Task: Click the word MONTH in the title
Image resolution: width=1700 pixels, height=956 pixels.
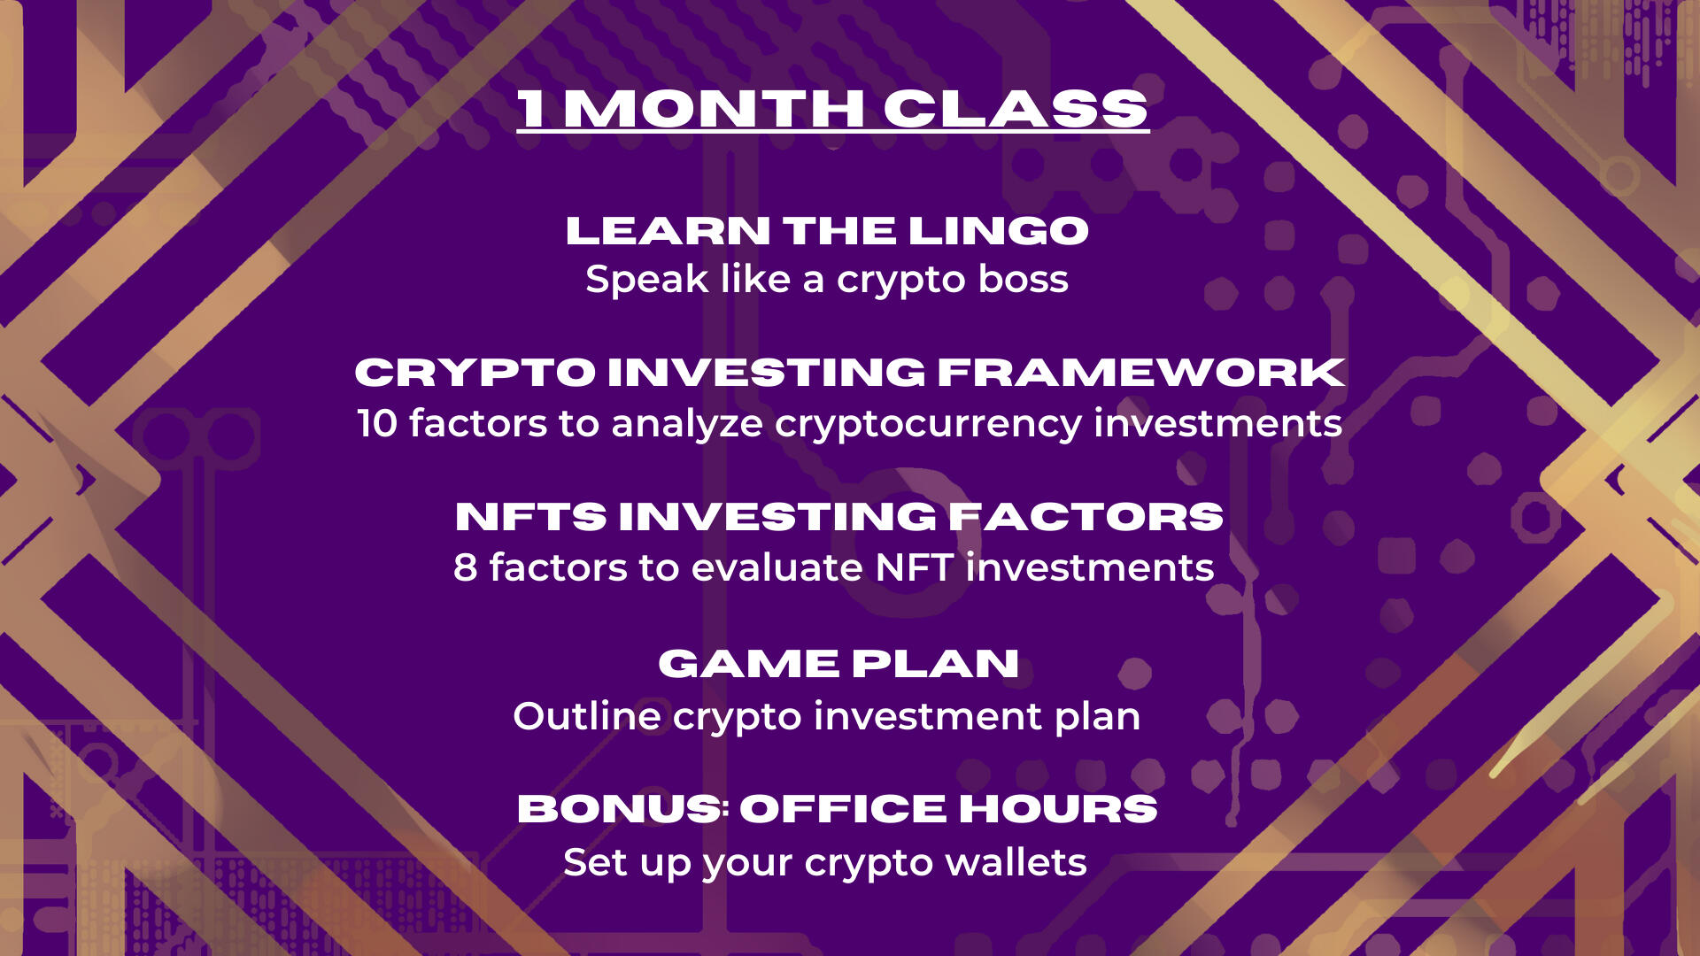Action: (714, 109)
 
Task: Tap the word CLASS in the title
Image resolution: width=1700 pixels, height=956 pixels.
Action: (1015, 109)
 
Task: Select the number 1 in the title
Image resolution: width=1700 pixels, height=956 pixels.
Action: (531, 109)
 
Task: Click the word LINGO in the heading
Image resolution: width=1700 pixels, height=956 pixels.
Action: (999, 231)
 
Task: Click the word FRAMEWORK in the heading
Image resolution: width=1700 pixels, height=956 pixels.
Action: (1141, 372)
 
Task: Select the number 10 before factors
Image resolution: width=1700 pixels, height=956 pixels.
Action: (377, 423)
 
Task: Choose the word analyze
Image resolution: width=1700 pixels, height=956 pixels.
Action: (687, 425)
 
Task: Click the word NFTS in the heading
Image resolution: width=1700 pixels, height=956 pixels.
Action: (530, 517)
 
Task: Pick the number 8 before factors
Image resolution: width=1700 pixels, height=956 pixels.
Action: (466, 568)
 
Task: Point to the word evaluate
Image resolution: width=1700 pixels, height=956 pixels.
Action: (777, 567)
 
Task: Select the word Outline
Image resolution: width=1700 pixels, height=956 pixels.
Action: (587, 716)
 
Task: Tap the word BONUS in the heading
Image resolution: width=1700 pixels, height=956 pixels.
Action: (620, 809)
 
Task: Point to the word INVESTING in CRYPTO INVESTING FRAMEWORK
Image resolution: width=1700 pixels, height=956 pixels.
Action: (767, 372)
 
